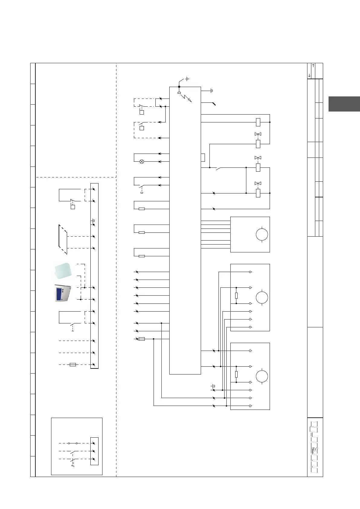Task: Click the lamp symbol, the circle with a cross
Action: [x=141, y=162]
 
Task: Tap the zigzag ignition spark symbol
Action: [x=186, y=98]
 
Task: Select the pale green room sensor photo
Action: [x=63, y=270]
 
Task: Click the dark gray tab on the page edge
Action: [x=344, y=104]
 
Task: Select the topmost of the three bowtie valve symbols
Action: [x=258, y=134]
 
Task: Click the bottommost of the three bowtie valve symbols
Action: [x=258, y=183]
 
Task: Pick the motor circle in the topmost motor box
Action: [x=262, y=235]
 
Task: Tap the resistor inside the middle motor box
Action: [x=236, y=296]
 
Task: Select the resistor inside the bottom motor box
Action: [x=236, y=374]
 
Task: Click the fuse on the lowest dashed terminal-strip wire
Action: [x=73, y=365]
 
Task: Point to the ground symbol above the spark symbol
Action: [x=187, y=79]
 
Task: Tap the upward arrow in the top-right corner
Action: [x=313, y=65]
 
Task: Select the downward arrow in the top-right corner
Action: [x=309, y=75]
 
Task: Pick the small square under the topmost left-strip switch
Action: [x=73, y=207]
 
